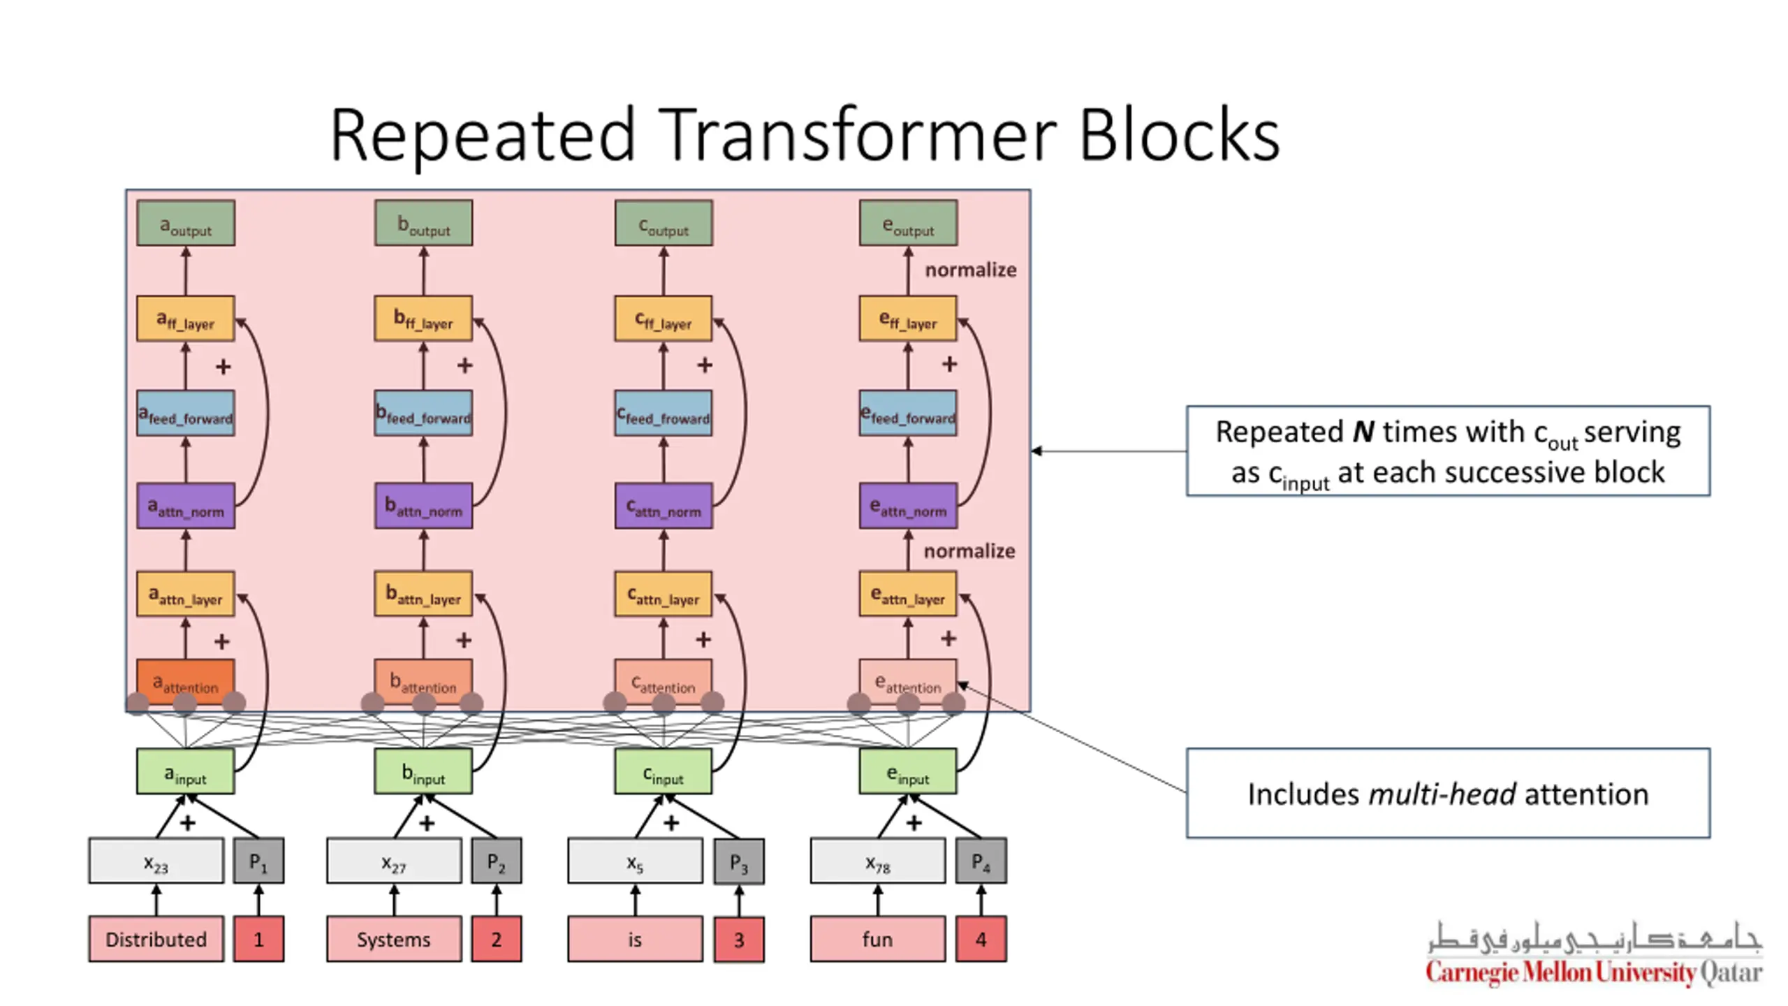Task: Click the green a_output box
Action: [x=186, y=223]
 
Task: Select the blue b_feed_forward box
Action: [x=423, y=413]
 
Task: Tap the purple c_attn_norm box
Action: [x=664, y=505]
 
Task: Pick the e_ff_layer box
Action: [x=908, y=319]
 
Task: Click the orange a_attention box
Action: [x=186, y=681]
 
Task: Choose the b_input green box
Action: [x=423, y=771]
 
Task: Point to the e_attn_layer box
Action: [x=908, y=594]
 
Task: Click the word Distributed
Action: [x=156, y=939]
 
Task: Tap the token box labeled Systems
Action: [x=394, y=939]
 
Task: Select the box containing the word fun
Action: [x=878, y=939]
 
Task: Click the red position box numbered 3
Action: [x=739, y=940]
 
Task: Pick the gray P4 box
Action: [x=981, y=861]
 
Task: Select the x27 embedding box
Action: [x=394, y=861]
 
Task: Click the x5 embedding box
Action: [x=635, y=861]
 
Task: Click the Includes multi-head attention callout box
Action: [x=1448, y=793]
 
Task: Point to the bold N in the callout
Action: [x=1363, y=432]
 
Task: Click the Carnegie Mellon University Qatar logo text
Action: [x=1594, y=972]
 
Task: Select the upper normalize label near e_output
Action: [x=971, y=270]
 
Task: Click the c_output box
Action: [x=664, y=223]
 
